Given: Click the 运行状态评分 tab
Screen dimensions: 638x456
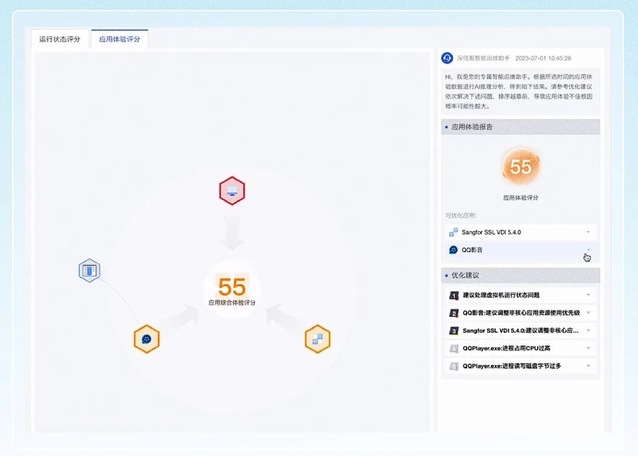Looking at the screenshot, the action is point(59,39).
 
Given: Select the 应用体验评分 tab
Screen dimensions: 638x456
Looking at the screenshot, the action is point(119,39).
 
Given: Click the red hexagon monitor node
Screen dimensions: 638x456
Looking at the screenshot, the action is point(232,191).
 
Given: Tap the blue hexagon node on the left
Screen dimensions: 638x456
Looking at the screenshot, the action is point(90,271).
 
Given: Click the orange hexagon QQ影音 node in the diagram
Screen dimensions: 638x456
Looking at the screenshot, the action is point(147,339).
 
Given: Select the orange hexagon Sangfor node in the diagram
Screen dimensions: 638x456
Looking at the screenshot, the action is point(317,339).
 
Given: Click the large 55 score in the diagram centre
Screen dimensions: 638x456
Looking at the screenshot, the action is point(232,287).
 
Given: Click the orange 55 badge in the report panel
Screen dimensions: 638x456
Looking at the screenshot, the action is point(520,167).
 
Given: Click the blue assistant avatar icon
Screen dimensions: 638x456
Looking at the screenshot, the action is point(447,58).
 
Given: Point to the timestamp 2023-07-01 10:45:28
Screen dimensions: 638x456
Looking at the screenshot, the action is point(543,58).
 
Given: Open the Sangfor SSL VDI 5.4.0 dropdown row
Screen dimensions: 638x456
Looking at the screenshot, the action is point(520,232).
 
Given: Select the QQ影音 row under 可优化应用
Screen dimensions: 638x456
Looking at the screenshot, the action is point(520,250).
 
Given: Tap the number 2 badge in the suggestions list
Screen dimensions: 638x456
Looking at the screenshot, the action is point(454,313).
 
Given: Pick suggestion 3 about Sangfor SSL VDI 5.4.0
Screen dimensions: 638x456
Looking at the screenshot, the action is point(520,331).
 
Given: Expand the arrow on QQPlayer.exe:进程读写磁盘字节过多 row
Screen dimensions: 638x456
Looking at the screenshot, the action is point(588,366).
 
